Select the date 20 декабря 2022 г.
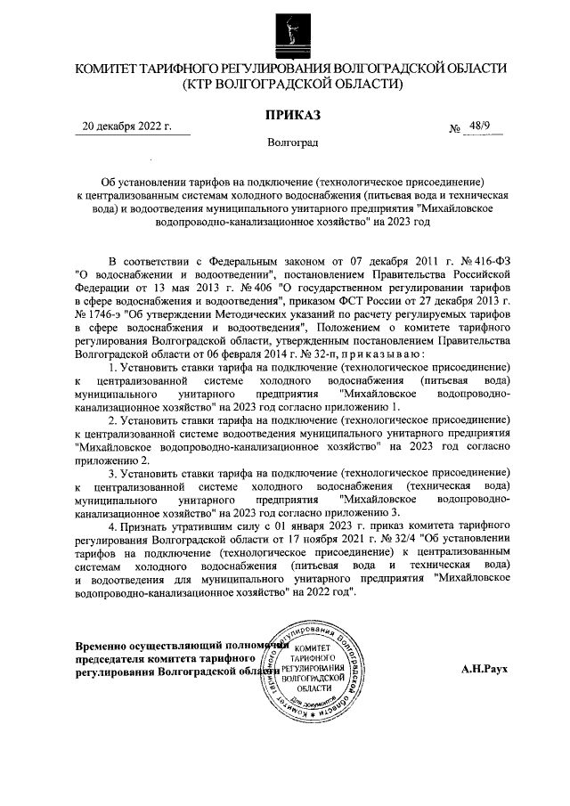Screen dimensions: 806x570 pos(126,126)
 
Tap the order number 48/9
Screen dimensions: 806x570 pos(482,126)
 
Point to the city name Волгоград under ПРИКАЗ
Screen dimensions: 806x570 pos(292,142)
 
